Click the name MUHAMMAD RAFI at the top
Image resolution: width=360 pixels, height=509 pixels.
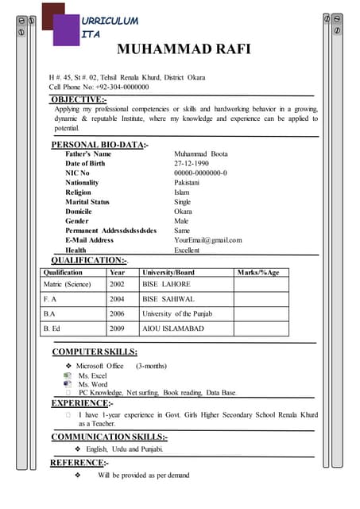tap(184, 50)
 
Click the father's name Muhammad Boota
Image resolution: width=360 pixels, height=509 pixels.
tap(200, 153)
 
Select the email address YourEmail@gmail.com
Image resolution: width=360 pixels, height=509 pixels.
tap(207, 239)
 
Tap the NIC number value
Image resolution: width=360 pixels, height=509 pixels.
tap(200, 173)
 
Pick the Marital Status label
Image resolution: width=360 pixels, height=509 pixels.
tap(87, 202)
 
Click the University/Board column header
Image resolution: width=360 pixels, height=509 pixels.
tap(168, 273)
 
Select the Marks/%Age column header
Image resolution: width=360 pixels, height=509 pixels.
tap(258, 273)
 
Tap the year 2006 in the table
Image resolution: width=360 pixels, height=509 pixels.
tap(118, 313)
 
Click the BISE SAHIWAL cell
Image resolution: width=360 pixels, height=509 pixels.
tap(168, 299)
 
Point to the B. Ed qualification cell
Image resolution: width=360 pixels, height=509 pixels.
tap(52, 328)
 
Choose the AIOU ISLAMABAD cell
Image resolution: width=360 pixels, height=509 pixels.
tap(173, 328)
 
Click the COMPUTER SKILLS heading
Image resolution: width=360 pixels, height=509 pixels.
tap(94, 352)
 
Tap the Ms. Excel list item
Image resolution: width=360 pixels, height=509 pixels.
tap(92, 375)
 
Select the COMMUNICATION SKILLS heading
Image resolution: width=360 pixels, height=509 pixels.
tap(109, 437)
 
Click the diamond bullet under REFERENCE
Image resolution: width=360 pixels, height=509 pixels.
tap(78, 475)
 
